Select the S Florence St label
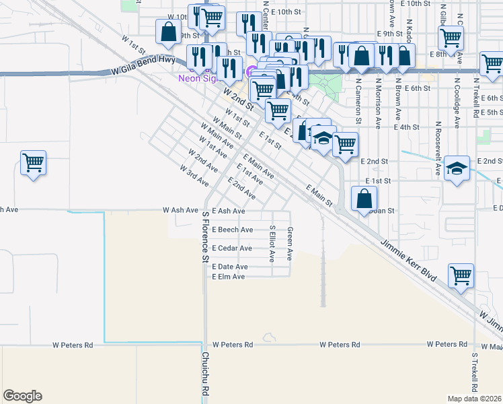[206, 237]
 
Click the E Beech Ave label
[232, 230]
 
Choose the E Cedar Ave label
[232, 248]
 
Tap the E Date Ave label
[230, 267]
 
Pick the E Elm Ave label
[229, 277]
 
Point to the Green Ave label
[291, 244]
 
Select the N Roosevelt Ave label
[438, 148]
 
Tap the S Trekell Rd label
[475, 373]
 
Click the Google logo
[22, 396]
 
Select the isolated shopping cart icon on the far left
[33, 162]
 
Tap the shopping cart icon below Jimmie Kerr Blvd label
[461, 275]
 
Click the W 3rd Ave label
[194, 175]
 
